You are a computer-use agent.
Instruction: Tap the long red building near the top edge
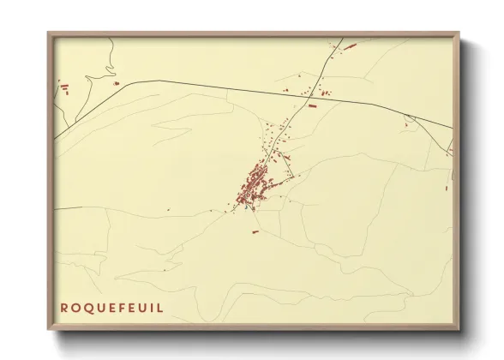(x=349, y=41)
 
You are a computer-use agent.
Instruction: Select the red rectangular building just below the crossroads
(x=312, y=105)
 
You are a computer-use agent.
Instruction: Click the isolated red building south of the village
(x=255, y=231)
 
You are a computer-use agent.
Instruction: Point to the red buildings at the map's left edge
(x=63, y=85)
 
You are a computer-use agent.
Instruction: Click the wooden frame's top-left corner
(x=48, y=33)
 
